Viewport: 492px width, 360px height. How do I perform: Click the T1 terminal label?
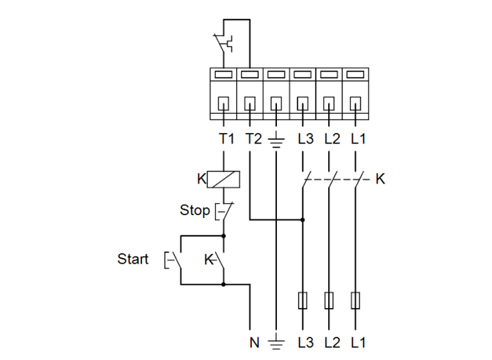226,139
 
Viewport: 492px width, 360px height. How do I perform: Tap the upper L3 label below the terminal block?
305,139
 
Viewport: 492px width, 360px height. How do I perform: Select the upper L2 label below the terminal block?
332,139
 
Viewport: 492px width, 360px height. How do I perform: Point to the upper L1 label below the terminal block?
358,139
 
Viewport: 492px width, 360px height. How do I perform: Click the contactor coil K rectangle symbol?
224,179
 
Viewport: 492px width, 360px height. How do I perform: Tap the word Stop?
194,210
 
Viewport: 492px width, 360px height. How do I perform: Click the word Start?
133,259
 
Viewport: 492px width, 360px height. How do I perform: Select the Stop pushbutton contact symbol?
223,210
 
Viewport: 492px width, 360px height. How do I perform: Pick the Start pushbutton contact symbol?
174,260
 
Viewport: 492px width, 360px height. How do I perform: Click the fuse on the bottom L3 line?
302,301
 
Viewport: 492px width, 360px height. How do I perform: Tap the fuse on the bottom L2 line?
329,301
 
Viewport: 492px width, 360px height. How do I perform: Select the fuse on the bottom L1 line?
356,301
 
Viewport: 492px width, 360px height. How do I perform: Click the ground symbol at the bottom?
276,343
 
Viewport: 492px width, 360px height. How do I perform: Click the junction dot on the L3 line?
302,219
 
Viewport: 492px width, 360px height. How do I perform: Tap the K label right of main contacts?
380,179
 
